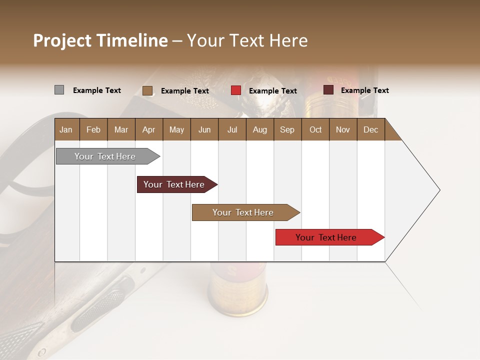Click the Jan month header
tap(66, 130)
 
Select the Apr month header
tap(148, 130)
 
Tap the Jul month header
tap(232, 130)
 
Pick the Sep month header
tap(287, 130)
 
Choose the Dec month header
tap(370, 130)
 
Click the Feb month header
tap(93, 130)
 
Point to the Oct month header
tap(315, 130)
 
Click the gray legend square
tap(59, 90)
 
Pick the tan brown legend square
tap(147, 90)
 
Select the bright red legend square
tap(236, 90)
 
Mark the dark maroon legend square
tap(328, 90)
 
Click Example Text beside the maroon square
tap(364, 90)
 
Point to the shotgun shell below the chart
tap(237, 290)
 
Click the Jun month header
tap(204, 130)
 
